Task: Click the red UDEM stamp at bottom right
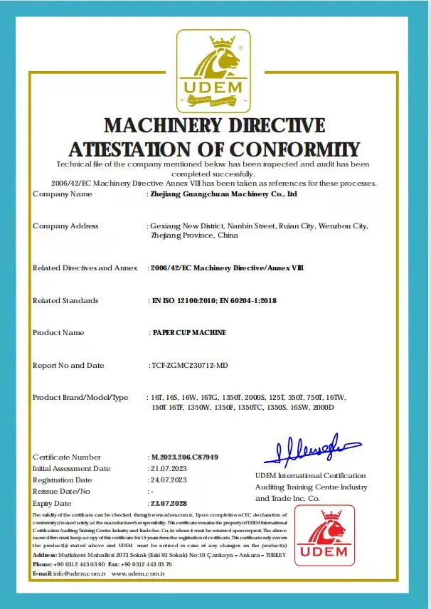(324, 538)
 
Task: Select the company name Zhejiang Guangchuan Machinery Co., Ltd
(220, 194)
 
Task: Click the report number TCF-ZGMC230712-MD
(190, 365)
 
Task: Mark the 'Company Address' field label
(65, 226)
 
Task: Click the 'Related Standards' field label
(65, 300)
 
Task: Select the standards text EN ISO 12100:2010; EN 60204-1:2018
(214, 300)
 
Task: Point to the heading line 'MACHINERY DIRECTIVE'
(214, 126)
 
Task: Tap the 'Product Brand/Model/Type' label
(80, 397)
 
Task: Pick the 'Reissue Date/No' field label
(62, 491)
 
